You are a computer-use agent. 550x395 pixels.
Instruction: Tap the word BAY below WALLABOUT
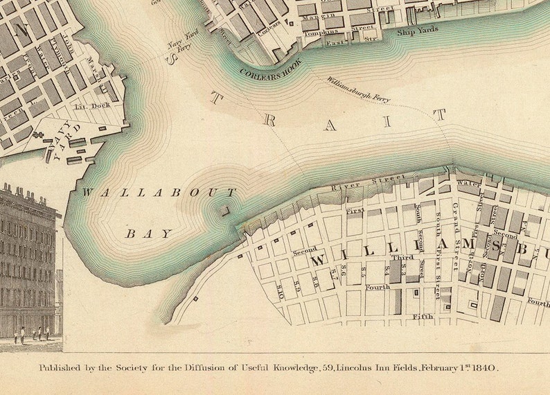149,234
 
